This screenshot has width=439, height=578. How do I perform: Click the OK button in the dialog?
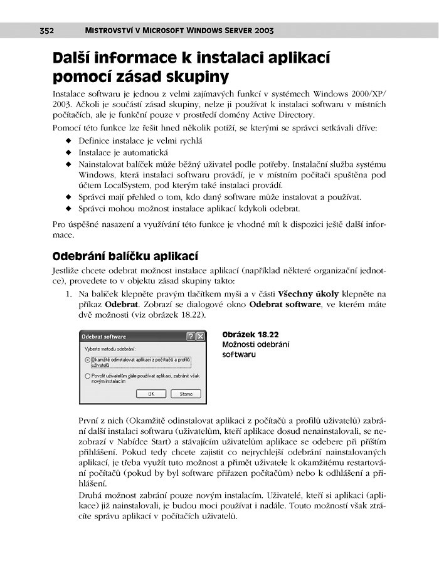[x=151, y=394]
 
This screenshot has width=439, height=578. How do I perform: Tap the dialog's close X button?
[x=200, y=337]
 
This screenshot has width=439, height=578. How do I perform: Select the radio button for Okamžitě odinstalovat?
[x=87, y=360]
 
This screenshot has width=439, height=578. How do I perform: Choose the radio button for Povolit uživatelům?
[x=87, y=377]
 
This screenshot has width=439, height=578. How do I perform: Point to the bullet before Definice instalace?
[x=68, y=140]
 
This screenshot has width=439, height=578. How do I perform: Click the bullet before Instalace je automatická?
[x=68, y=152]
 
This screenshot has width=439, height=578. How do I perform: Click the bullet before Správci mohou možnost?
[x=68, y=208]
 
